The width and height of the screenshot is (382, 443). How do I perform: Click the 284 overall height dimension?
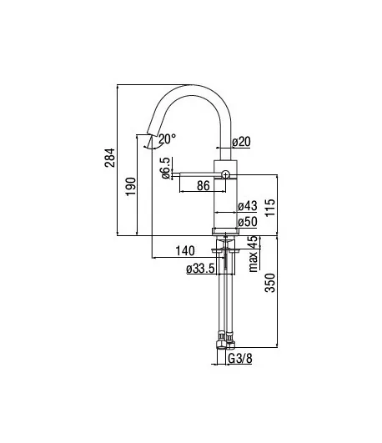[110, 158]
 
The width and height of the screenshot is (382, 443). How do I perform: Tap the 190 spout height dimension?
[131, 187]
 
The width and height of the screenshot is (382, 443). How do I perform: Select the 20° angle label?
[167, 139]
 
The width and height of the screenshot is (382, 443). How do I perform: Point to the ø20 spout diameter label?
[241, 142]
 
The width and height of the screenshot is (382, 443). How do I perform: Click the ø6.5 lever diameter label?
[166, 168]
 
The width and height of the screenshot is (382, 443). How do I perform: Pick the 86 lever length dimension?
[204, 185]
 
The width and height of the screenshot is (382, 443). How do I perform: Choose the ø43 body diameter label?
[248, 206]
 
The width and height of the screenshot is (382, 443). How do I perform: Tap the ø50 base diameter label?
[248, 222]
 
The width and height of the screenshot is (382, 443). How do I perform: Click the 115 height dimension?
[270, 208]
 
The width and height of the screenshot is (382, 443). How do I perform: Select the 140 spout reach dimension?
[185, 250]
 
